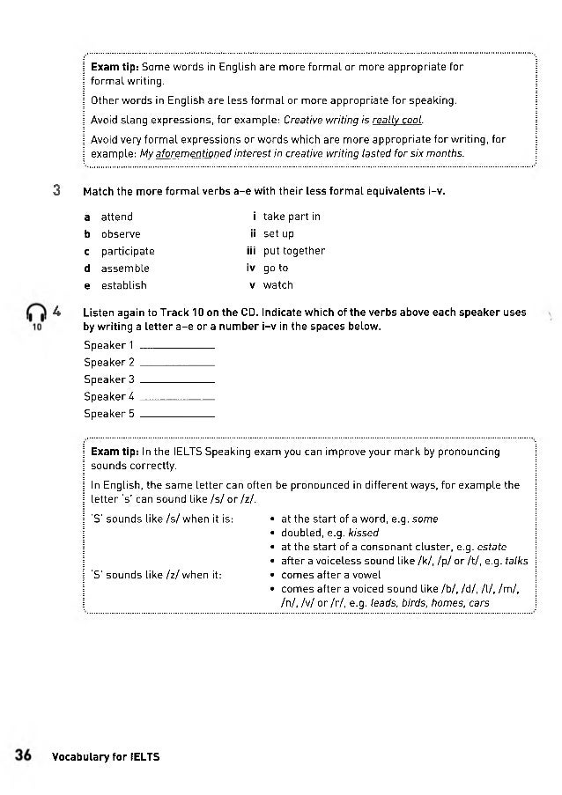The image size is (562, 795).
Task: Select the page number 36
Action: (24, 755)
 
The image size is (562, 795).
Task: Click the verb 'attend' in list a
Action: (116, 217)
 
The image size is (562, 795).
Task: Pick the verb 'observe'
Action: (120, 234)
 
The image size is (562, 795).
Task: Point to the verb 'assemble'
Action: (125, 269)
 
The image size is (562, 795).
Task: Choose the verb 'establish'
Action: (123, 285)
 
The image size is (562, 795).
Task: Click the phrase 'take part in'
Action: (292, 217)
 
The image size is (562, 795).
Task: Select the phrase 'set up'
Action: (278, 234)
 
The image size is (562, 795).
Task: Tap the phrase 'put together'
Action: (294, 251)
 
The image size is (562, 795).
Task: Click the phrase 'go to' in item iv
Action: (276, 269)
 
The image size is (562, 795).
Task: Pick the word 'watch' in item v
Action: (278, 285)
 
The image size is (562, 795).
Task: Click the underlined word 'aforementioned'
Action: (192, 153)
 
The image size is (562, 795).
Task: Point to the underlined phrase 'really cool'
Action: (398, 120)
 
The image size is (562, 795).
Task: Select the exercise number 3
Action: (55, 190)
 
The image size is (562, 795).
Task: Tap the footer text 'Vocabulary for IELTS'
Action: (106, 756)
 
